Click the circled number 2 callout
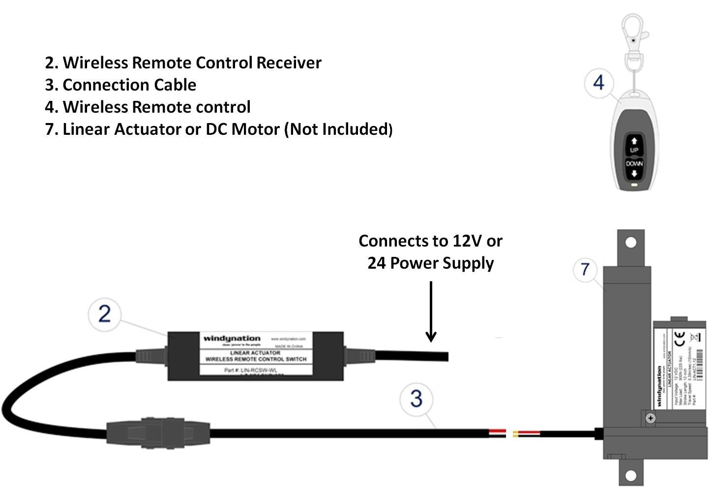[104, 314]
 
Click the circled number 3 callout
[416, 399]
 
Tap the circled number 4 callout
[598, 83]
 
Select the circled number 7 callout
[585, 270]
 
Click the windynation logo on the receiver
[232, 339]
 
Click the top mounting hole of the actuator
[631, 242]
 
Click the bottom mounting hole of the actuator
[631, 475]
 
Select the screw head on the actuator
[651, 418]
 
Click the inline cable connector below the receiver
[158, 433]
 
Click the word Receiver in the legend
[289, 63]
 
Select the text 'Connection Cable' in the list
[129, 85]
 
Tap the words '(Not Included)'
[338, 129]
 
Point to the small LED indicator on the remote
[634, 186]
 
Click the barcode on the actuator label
[700, 364]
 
